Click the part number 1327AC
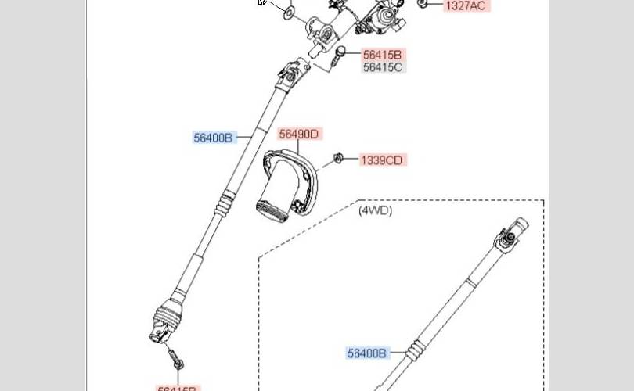(465, 5)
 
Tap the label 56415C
(383, 67)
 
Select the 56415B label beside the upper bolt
(383, 55)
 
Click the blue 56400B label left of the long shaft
(214, 138)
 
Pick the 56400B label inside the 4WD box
(367, 353)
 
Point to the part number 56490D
(300, 135)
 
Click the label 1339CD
(382, 160)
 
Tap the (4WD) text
(376, 210)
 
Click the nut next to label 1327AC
(423, 4)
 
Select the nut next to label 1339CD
(339, 159)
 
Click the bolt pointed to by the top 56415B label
(340, 56)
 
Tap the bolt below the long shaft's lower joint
(175, 360)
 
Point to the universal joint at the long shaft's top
(292, 74)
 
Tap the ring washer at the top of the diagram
(290, 13)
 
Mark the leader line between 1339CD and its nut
(351, 160)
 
